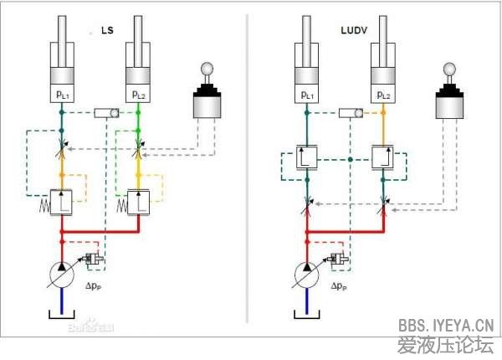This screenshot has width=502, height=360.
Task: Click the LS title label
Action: click(107, 32)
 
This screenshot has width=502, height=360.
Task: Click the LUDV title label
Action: click(354, 32)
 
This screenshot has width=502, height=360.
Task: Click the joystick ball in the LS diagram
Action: click(208, 69)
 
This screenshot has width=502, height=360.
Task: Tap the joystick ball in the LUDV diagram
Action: click(452, 69)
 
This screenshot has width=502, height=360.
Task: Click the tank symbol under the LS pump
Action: click(62, 316)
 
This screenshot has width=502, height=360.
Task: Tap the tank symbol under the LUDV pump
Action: click(307, 316)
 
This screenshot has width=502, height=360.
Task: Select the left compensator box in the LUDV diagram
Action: click(307, 157)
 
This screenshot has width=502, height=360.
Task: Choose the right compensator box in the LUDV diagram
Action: click(385, 157)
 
